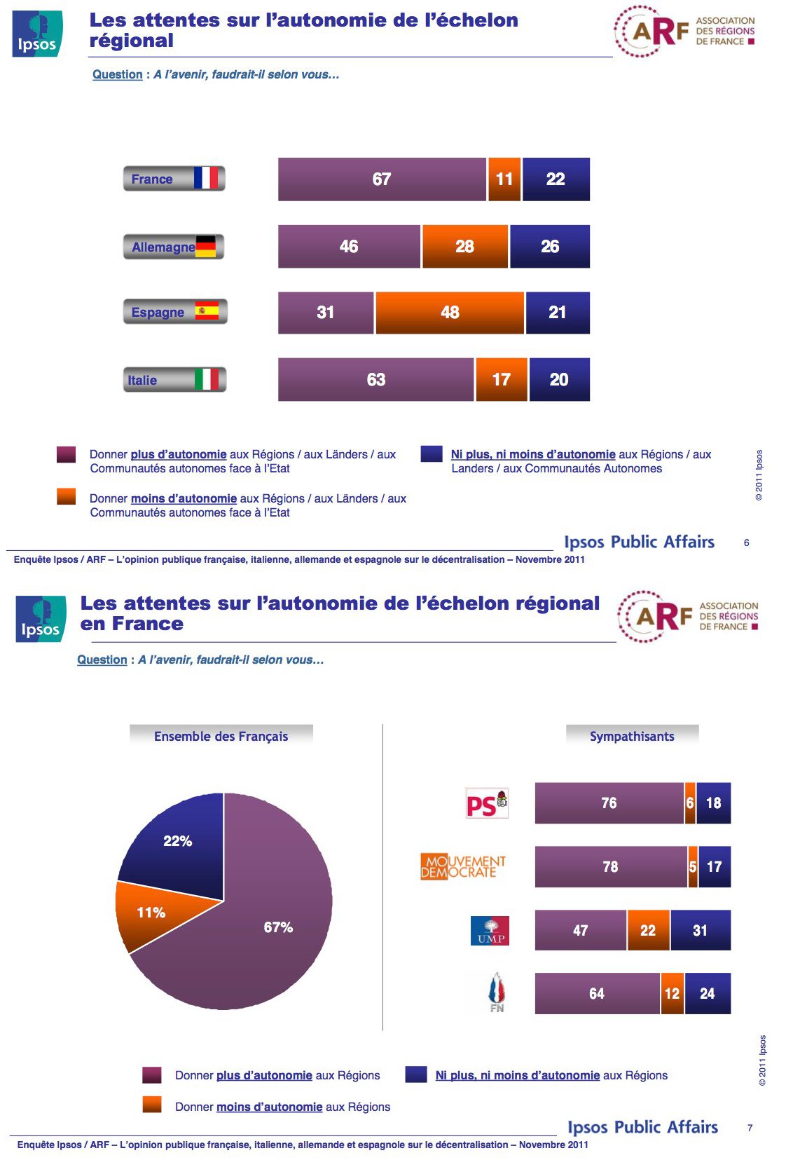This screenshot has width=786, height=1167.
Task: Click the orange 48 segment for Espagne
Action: [x=450, y=313]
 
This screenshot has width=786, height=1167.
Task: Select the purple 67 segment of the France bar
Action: [x=382, y=179]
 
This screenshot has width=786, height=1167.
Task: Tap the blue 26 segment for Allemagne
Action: [x=550, y=247]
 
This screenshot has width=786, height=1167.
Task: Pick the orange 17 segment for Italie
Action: [x=501, y=380]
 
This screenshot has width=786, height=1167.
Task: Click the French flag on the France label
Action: [x=206, y=178]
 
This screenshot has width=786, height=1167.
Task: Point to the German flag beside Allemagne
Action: [x=206, y=246]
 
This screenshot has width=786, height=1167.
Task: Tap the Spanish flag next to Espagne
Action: [x=207, y=310]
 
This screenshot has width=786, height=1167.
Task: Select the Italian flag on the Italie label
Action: [x=207, y=379]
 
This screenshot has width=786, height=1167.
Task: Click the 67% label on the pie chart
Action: [x=278, y=927]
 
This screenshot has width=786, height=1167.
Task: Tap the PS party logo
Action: [x=487, y=803]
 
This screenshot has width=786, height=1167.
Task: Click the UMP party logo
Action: [x=490, y=931]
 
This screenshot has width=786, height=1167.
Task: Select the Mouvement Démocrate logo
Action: [x=463, y=867]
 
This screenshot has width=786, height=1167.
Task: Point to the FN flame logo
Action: [x=496, y=992]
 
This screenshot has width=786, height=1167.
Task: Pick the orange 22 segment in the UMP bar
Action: [x=648, y=931]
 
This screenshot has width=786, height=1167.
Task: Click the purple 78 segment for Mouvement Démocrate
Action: [x=610, y=867]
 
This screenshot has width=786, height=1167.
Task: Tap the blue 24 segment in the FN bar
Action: [x=708, y=993]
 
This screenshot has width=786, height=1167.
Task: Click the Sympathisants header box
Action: [x=632, y=736]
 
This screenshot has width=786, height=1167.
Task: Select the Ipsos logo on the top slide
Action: [x=37, y=34]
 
